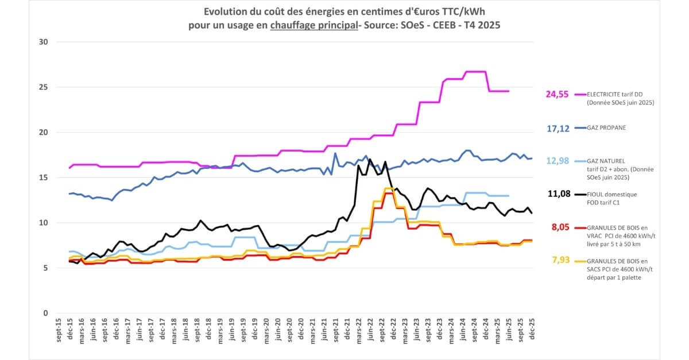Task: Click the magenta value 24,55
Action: (x=557, y=94)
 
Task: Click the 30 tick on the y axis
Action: (x=42, y=42)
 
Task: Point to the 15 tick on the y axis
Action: (x=42, y=178)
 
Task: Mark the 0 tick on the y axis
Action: (x=45, y=313)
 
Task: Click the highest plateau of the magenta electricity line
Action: (x=475, y=72)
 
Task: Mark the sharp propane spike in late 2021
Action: (x=335, y=153)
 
